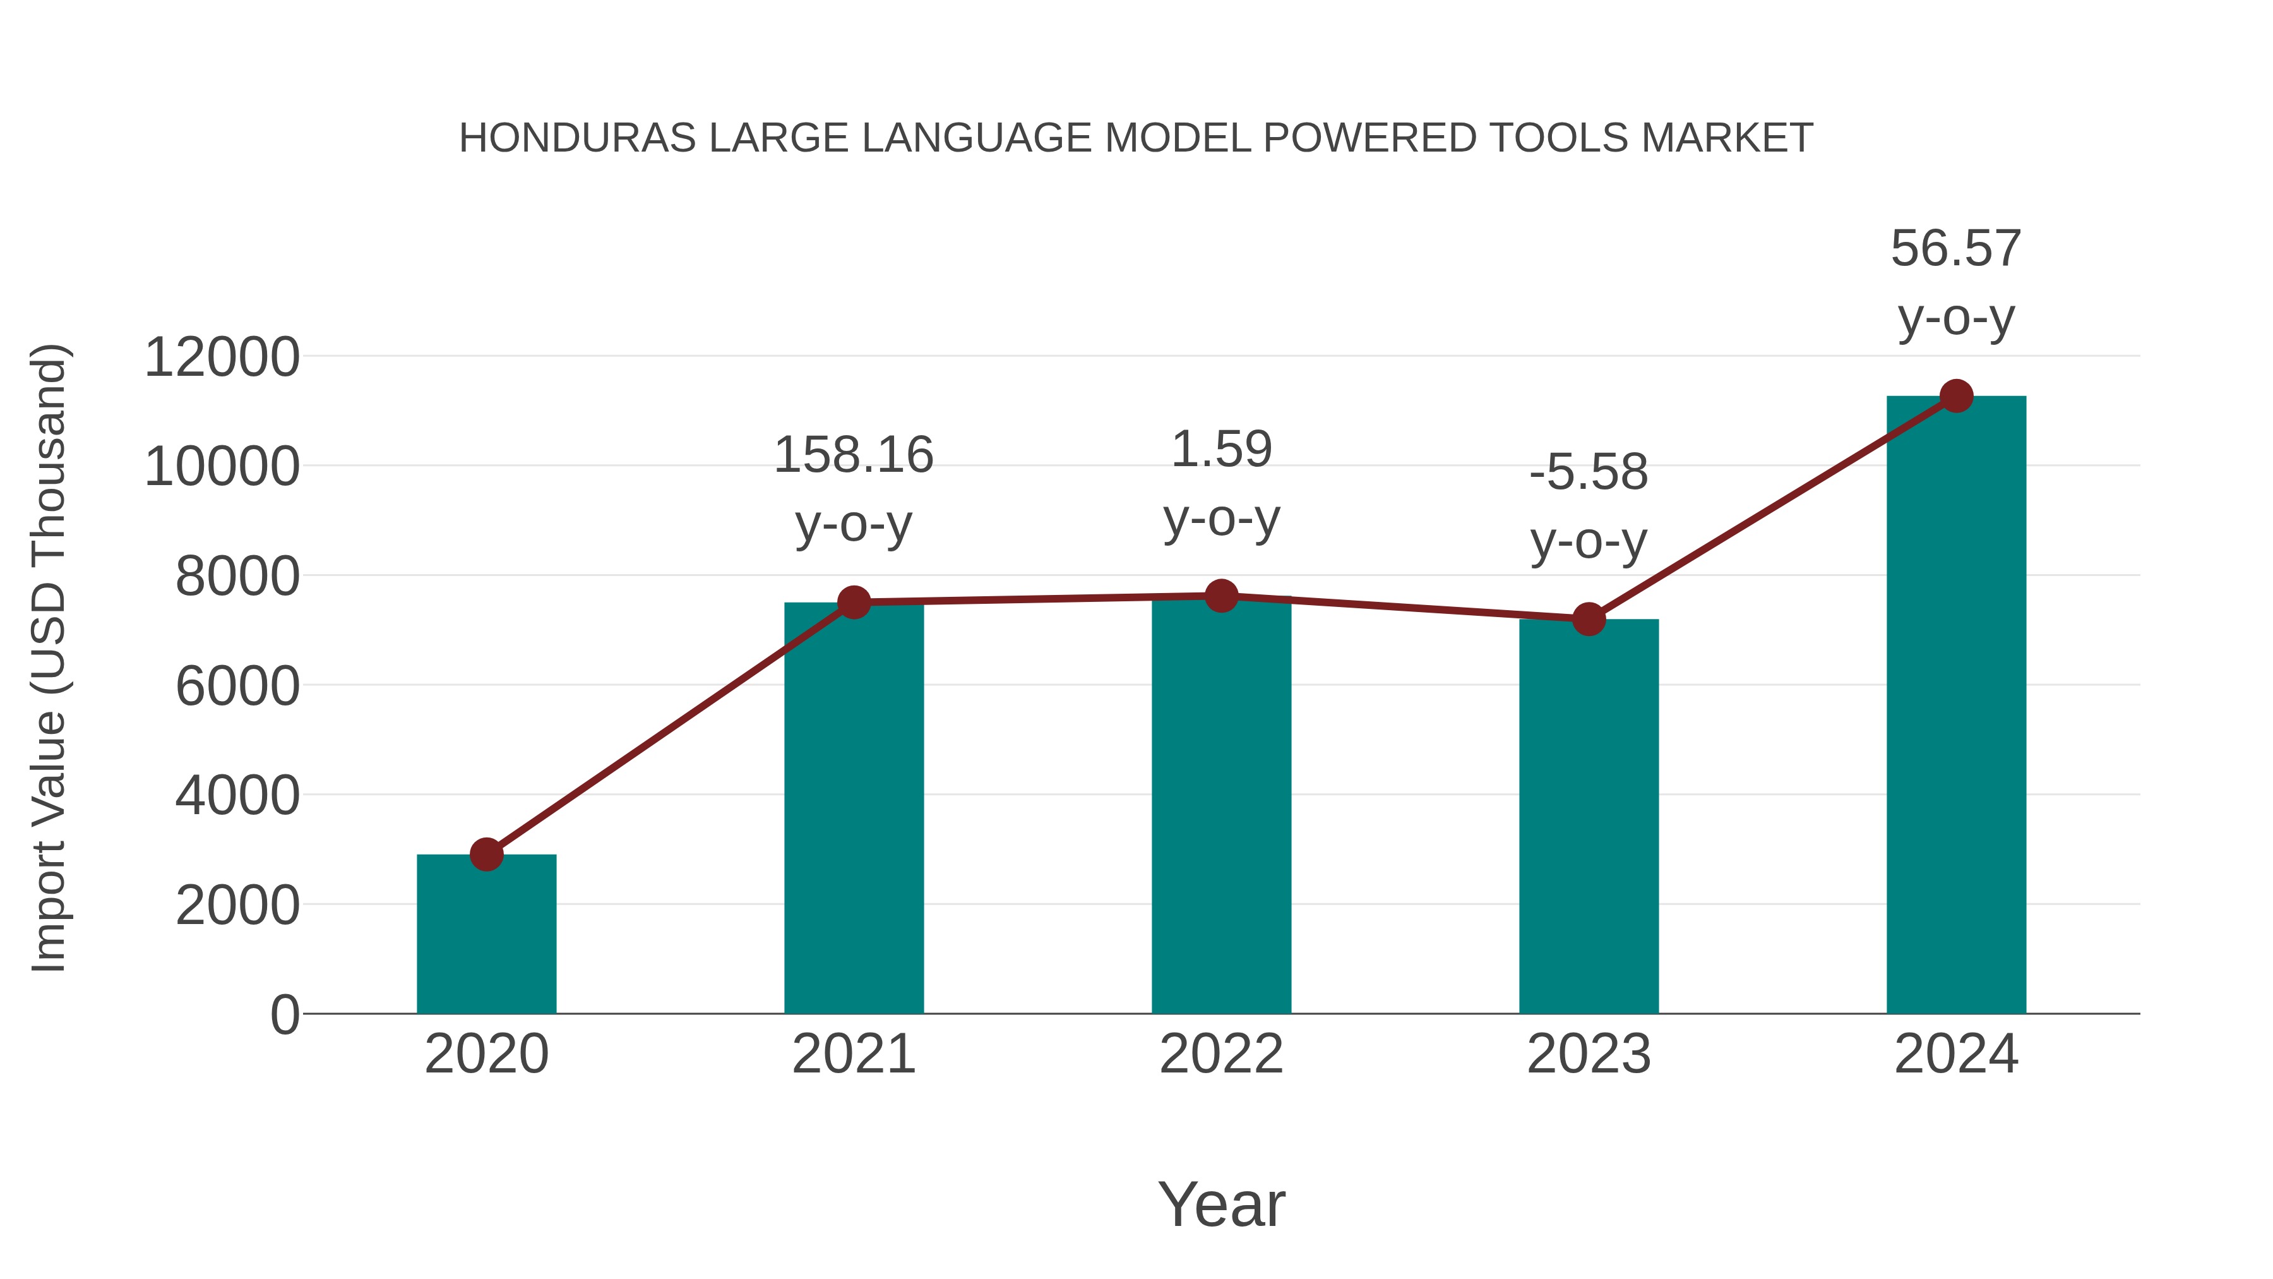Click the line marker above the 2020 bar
coord(486,855)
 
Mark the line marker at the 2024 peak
coord(1956,396)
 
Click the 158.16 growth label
coord(853,455)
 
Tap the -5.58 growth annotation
coord(1589,472)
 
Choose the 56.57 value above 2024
coord(1956,248)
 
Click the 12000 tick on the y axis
coord(222,357)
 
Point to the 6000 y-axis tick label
coord(237,686)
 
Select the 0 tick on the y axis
coord(285,1014)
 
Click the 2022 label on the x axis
coord(1221,1054)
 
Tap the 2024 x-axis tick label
coord(1956,1054)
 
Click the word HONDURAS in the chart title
coord(577,138)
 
